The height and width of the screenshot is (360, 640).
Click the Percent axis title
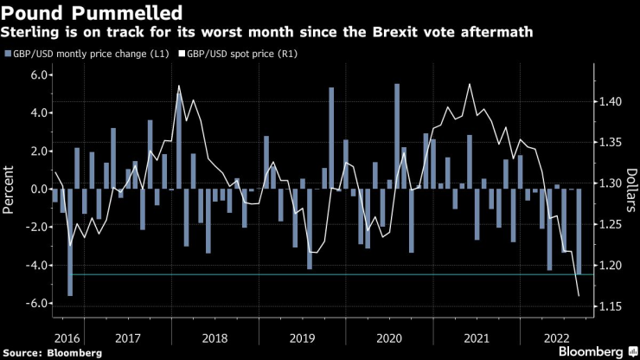pos(10,190)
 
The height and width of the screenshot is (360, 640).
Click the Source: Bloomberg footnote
pos(53,352)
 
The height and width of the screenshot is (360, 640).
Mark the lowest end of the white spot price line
pos(578,296)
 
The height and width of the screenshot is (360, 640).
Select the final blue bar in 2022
pos(579,231)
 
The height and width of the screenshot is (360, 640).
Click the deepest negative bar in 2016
pos(70,242)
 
